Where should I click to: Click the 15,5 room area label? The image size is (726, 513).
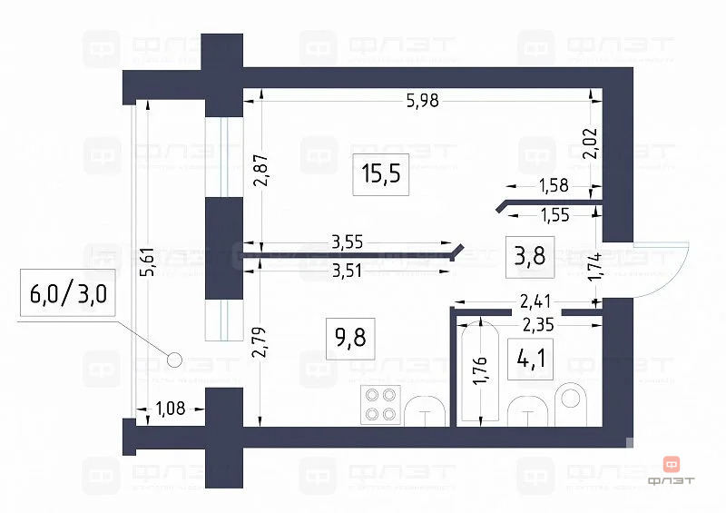click(x=380, y=174)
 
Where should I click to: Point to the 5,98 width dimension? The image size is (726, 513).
click(x=423, y=101)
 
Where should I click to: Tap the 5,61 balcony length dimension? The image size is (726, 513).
click(x=152, y=261)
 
